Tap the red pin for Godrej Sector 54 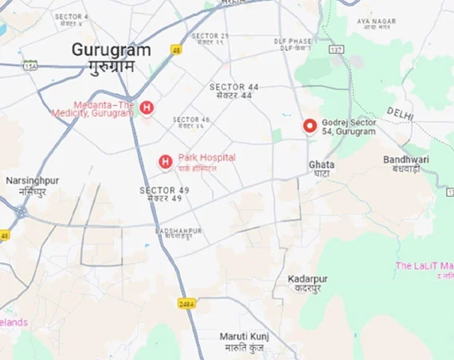pyautogui.click(x=310, y=127)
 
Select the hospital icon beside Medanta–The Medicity pyautogui.click(x=146, y=108)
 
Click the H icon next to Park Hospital pyautogui.click(x=166, y=162)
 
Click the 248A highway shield pyautogui.click(x=186, y=304)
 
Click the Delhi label pyautogui.click(x=401, y=113)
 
